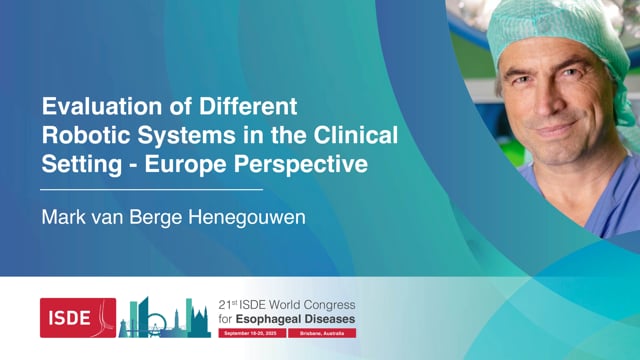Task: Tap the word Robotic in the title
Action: [82, 135]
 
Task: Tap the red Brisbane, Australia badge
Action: [319, 331]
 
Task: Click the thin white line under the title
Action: [150, 187]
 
